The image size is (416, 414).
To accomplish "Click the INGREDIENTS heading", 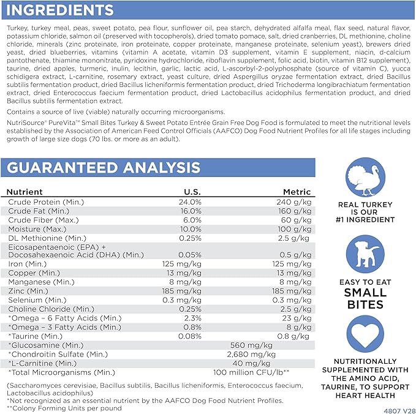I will point(59,10).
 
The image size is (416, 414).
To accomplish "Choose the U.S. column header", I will point(192,192).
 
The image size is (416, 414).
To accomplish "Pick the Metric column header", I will point(297,192).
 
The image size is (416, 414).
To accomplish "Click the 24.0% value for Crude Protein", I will point(189,201).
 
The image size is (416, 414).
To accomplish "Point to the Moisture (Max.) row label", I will point(38,228).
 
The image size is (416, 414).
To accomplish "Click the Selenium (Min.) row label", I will point(37,300).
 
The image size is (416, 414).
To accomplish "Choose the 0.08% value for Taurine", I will point(189,336).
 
